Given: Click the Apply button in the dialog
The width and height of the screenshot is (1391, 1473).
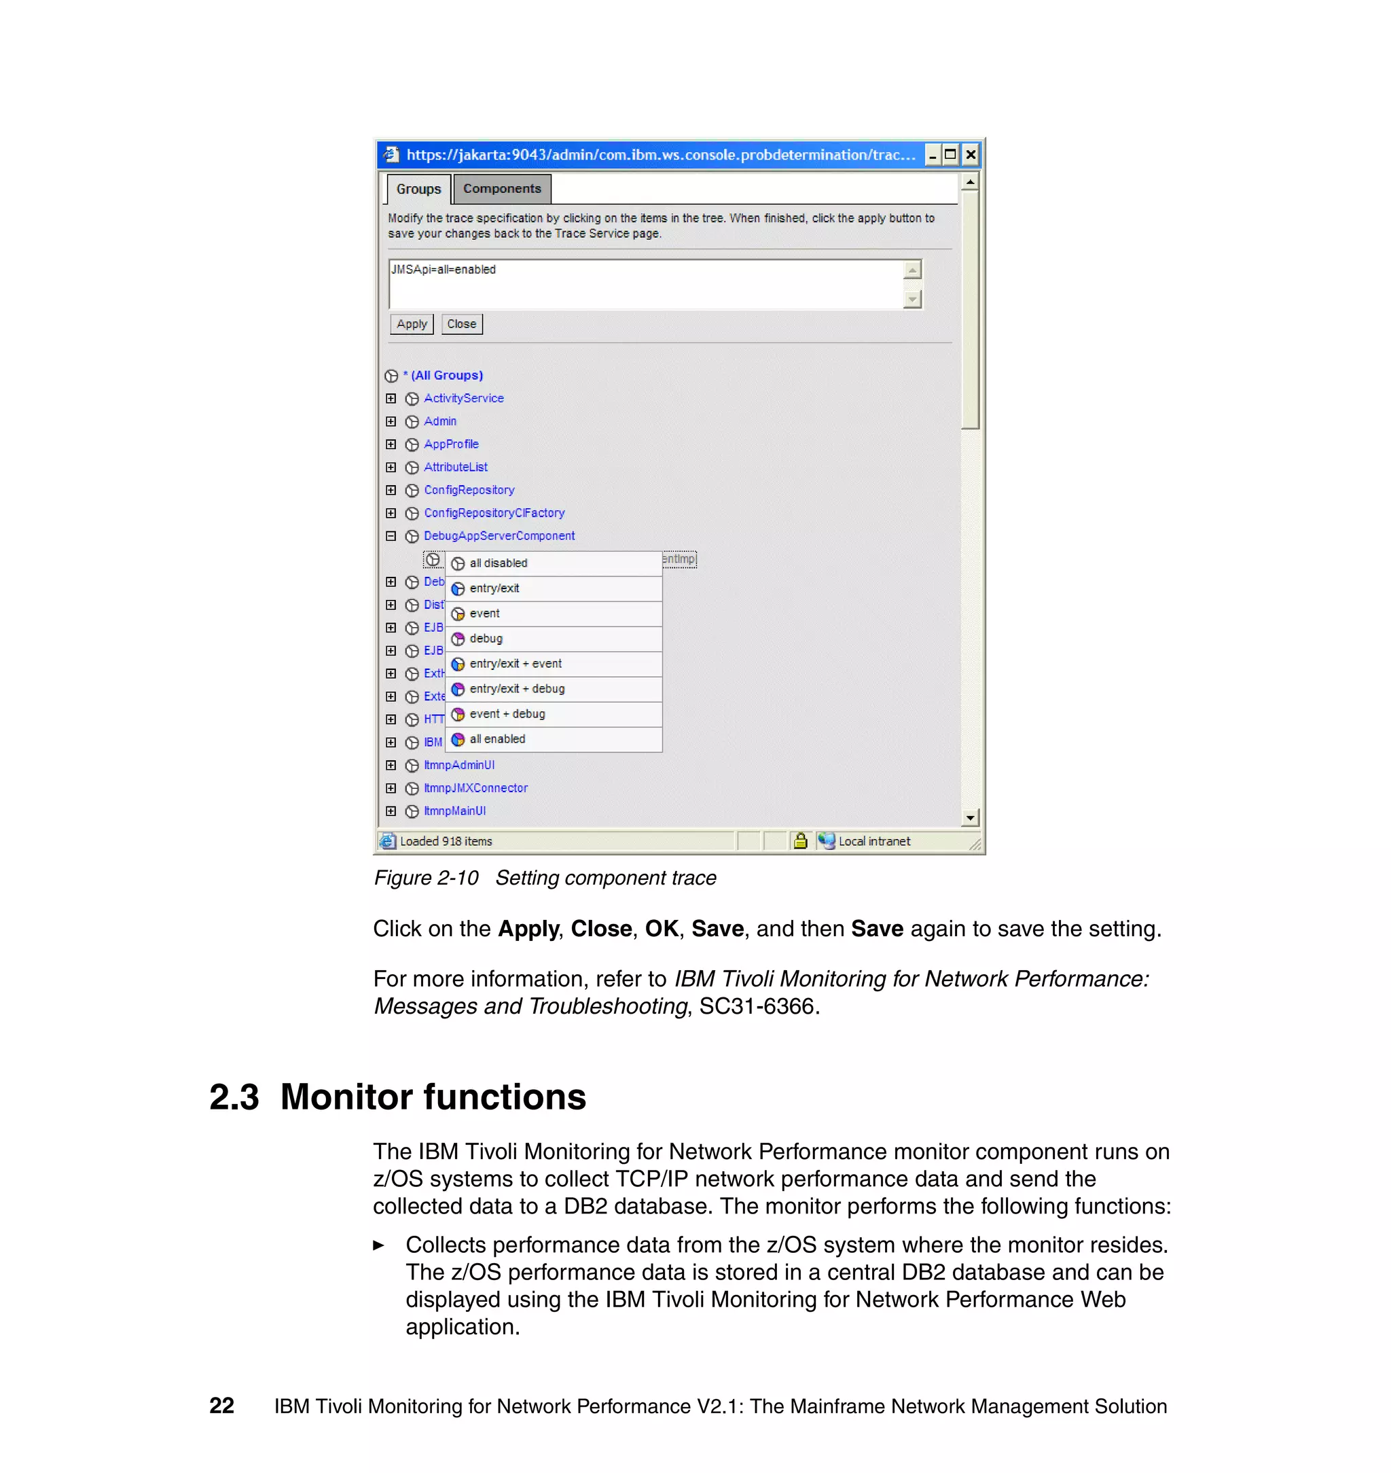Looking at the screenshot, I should click(412, 324).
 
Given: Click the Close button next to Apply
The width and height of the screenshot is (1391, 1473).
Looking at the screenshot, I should click(461, 324).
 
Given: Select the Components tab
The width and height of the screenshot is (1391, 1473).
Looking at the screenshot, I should click(502, 189).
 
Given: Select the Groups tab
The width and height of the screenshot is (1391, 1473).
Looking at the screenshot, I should click(418, 189).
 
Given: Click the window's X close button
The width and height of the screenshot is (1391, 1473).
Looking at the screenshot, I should click(970, 155).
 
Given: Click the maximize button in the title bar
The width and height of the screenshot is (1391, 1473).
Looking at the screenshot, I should click(951, 155).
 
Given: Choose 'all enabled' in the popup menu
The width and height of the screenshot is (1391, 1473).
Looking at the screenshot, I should click(496, 739).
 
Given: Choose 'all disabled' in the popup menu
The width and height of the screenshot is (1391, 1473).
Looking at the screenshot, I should click(499, 564).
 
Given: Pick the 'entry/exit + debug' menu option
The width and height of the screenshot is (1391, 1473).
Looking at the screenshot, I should click(517, 689).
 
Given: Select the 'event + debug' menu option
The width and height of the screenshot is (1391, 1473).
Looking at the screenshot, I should click(507, 714).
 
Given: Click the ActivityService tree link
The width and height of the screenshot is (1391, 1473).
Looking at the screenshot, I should click(463, 398).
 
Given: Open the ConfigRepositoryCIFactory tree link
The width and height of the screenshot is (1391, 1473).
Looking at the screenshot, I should click(494, 513).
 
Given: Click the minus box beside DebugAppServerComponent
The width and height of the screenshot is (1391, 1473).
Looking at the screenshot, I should click(391, 536).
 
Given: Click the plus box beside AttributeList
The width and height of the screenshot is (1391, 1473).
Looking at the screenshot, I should click(391, 467).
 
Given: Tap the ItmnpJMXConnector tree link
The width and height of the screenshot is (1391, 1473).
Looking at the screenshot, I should click(475, 788).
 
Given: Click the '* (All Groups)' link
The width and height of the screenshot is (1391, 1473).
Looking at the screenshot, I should click(444, 375).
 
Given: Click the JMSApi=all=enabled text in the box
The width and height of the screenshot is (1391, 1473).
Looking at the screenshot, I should click(444, 270).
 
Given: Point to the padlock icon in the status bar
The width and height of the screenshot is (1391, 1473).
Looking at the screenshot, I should click(800, 841).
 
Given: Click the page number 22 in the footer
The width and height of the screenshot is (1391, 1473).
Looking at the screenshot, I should click(221, 1406).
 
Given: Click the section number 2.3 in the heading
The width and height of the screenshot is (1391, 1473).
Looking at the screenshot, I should click(234, 1097).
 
